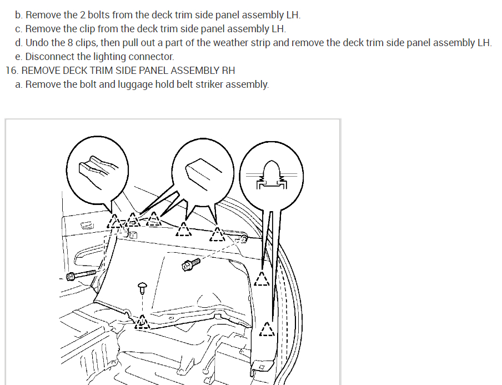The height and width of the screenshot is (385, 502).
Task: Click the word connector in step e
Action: coord(152,57)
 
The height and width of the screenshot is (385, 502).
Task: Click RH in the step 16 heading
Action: coord(228,71)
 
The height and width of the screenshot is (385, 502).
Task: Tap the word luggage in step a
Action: coord(135,84)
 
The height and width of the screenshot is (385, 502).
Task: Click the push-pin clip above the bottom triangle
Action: coord(142,287)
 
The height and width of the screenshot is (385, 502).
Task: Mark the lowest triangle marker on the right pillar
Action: coord(267,330)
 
